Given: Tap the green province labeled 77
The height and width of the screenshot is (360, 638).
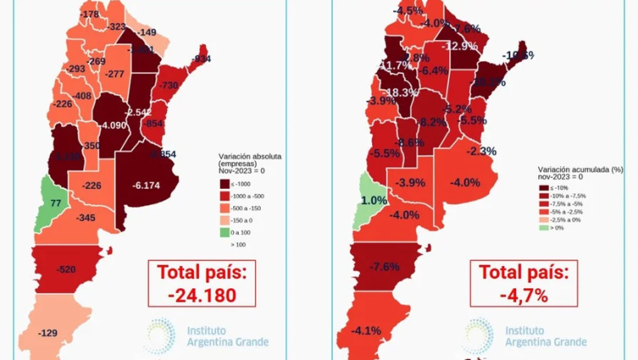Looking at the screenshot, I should (56, 202).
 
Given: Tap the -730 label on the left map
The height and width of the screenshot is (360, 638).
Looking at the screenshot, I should (168, 85).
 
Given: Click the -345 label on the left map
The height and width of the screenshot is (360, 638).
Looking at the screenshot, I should (85, 218).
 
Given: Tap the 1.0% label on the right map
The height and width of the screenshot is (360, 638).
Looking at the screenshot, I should (374, 200).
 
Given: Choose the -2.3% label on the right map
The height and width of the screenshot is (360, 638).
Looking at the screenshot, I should (481, 151).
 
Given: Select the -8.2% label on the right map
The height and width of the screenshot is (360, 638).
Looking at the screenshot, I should (432, 122).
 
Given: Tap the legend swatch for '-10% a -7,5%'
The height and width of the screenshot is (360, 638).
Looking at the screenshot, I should (543, 196).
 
